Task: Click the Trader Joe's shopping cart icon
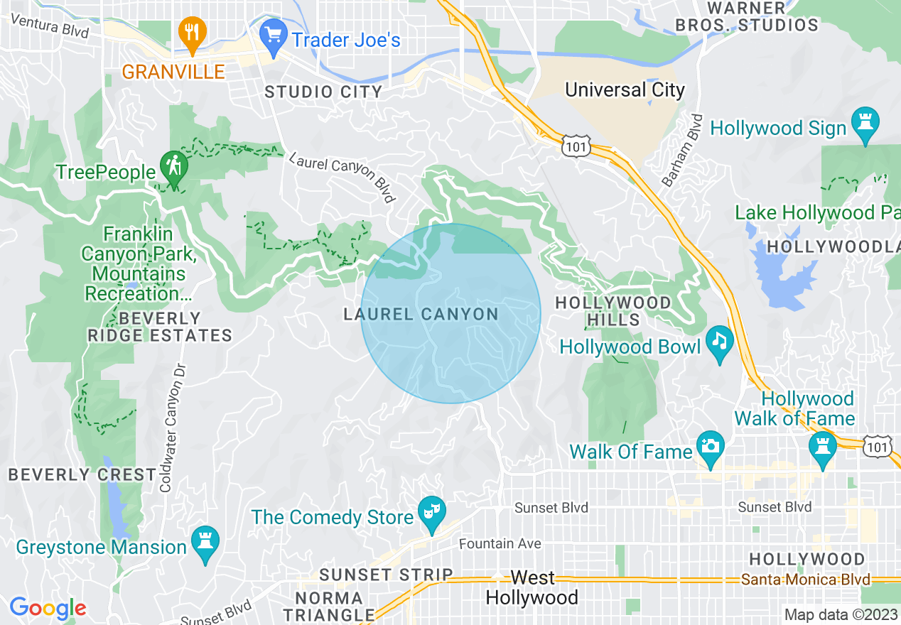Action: (272, 33)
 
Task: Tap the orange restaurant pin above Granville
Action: (191, 32)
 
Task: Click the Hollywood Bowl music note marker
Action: (720, 341)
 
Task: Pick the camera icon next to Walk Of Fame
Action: (710, 445)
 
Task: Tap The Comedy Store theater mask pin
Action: (431, 511)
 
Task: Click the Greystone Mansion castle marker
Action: (205, 541)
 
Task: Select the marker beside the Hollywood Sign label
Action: (865, 122)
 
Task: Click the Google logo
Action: (48, 608)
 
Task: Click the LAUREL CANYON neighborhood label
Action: (421, 314)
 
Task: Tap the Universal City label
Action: (625, 90)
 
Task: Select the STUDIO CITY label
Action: (323, 92)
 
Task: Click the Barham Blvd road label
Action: (682, 151)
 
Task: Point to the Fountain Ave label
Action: (500, 543)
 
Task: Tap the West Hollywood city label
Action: (532, 587)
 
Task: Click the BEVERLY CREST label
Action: (82, 474)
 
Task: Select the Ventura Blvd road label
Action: (50, 27)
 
